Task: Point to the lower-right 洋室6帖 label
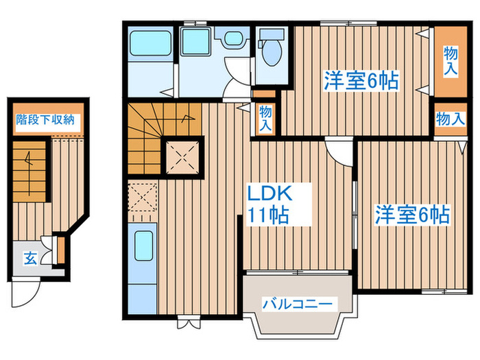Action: (411, 215)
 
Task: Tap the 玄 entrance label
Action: (31, 258)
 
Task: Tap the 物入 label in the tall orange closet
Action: (450, 61)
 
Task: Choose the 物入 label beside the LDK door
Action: (265, 118)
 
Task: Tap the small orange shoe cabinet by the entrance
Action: (60, 250)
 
